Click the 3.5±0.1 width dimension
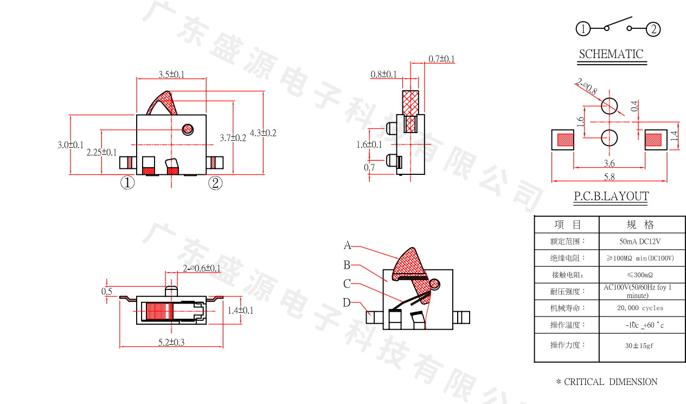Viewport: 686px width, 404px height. coord(171,74)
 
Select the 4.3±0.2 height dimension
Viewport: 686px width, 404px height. coord(263,133)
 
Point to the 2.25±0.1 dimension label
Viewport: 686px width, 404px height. coord(101,153)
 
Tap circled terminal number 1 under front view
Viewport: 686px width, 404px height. coord(127,182)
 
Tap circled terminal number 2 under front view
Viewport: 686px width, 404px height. coord(216,183)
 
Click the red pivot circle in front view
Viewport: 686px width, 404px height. coord(188,129)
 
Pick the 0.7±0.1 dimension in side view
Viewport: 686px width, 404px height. coord(441,59)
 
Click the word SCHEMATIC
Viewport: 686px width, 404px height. coord(611,54)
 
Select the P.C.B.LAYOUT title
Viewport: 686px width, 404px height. coord(611,197)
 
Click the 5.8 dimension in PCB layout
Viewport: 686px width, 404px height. coord(609,176)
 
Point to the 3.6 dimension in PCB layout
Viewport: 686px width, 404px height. coord(609,163)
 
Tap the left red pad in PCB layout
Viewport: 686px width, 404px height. coord(566,140)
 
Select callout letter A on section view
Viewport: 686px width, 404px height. coord(347,245)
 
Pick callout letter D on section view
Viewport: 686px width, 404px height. coord(347,303)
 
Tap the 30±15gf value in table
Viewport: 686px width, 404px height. coord(639,345)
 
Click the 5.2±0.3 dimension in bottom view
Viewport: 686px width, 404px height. coord(171,342)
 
